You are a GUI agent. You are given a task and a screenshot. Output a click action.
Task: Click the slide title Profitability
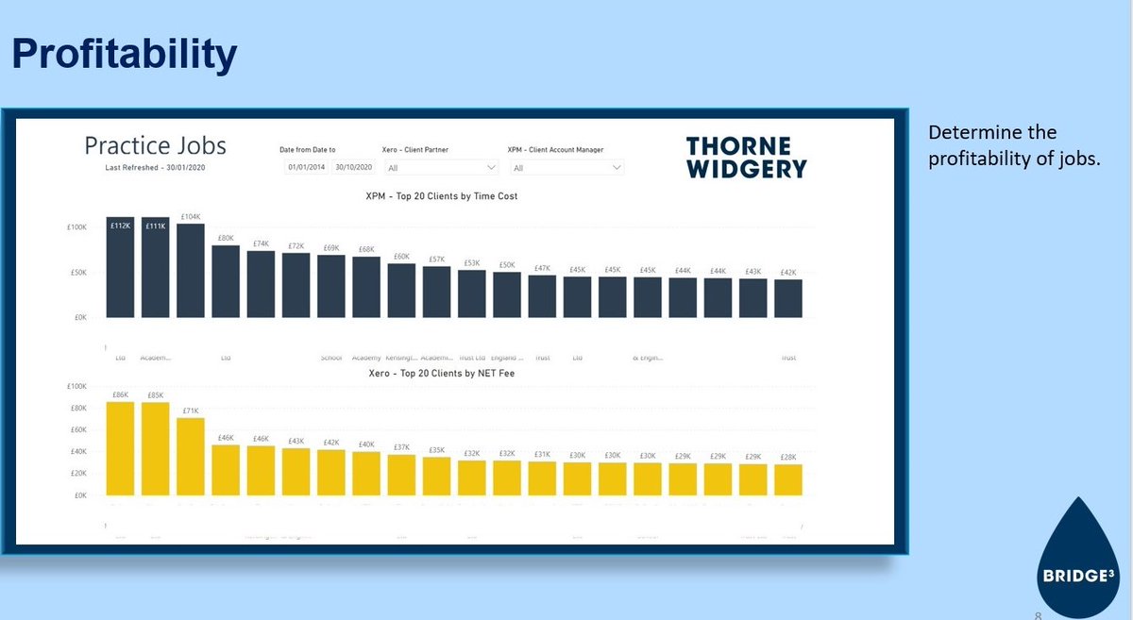(124, 56)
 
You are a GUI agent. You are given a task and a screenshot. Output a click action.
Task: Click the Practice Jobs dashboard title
(155, 145)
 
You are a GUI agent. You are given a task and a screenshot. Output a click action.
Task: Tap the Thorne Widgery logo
(746, 158)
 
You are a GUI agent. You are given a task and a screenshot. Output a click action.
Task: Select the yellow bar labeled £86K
(120, 448)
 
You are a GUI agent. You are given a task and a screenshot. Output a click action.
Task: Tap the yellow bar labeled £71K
(190, 457)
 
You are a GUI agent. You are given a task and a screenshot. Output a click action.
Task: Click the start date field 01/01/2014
(306, 167)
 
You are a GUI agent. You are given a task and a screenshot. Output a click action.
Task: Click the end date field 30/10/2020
(354, 167)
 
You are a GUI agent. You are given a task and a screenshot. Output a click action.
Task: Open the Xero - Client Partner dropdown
(440, 167)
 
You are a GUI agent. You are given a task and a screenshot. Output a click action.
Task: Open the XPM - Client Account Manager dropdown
(566, 167)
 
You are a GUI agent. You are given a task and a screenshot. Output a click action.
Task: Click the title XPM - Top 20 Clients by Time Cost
(442, 196)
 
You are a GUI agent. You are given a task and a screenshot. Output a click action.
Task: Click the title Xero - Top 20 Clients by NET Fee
(441, 374)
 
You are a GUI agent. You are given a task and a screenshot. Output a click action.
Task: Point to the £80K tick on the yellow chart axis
(79, 409)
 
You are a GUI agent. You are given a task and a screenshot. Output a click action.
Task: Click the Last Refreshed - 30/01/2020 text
(155, 167)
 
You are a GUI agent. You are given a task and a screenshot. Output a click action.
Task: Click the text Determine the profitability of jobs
(1014, 145)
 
